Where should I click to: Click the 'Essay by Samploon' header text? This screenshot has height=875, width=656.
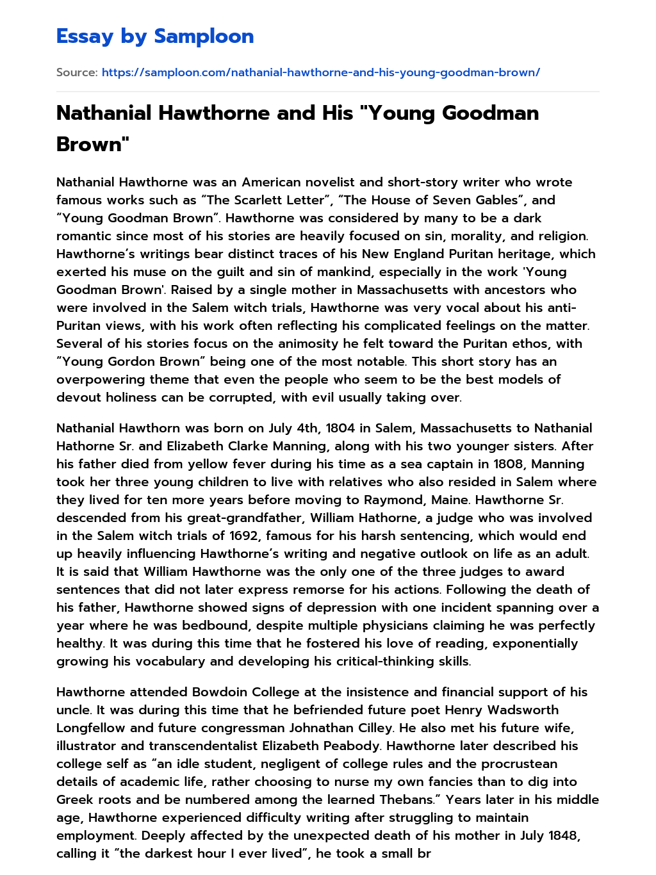(x=155, y=37)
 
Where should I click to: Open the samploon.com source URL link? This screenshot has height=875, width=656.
(x=320, y=72)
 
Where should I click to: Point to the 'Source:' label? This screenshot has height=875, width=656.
(x=77, y=72)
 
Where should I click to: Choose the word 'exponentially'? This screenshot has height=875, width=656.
(x=535, y=643)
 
